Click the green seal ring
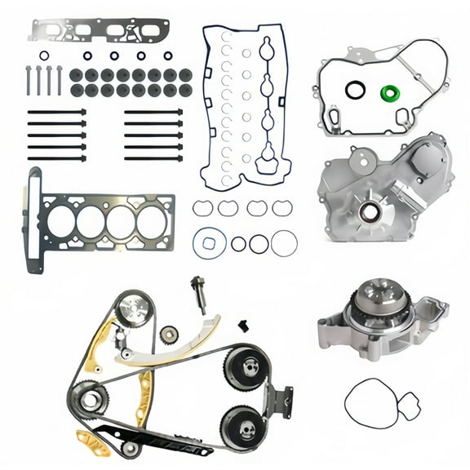(x=392, y=91)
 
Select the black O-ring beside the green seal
(x=354, y=90)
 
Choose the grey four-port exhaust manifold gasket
(x=98, y=30)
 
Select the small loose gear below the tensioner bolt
(x=170, y=335)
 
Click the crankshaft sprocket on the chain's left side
(x=91, y=401)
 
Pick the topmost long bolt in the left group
(x=56, y=112)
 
